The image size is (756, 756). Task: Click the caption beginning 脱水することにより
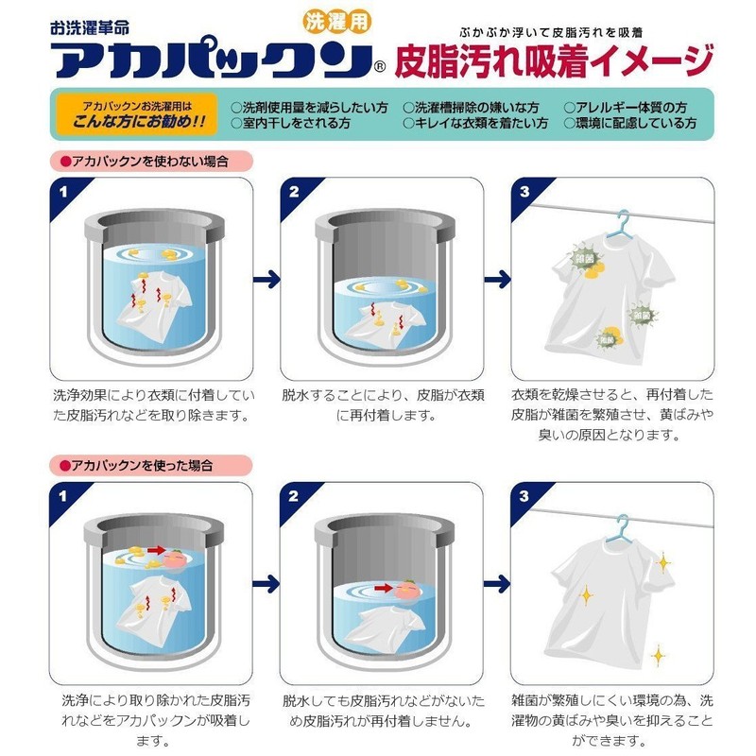[x=383, y=401]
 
